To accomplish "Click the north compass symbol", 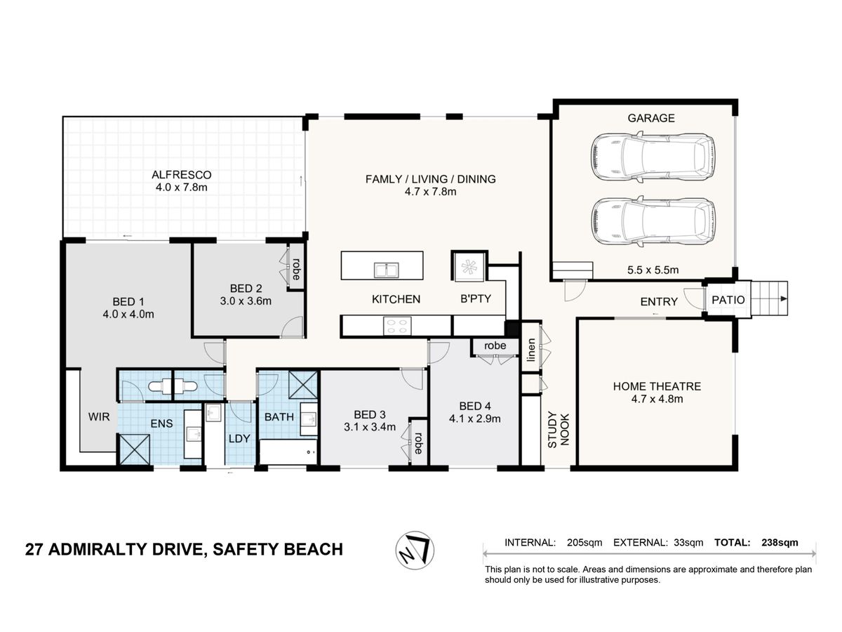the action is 415,551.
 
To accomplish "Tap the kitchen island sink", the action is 386,270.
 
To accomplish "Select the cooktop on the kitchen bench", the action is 397,326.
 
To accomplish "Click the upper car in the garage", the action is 653,157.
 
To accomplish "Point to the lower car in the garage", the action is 653,221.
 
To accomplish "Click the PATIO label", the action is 728,300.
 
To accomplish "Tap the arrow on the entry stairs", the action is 783,298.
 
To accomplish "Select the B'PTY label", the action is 476,298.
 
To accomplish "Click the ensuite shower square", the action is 134,449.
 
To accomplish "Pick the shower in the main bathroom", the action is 302,385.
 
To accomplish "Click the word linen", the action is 530,350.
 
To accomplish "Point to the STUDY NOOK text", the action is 558,429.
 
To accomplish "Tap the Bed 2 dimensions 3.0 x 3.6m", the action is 246,301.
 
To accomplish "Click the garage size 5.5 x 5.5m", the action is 653,270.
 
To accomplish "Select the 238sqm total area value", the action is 780,543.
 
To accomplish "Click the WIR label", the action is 99,416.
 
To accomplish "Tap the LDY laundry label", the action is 239,439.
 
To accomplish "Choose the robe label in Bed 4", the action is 495,345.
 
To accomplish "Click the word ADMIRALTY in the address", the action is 98,550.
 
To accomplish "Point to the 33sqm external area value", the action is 688,543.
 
